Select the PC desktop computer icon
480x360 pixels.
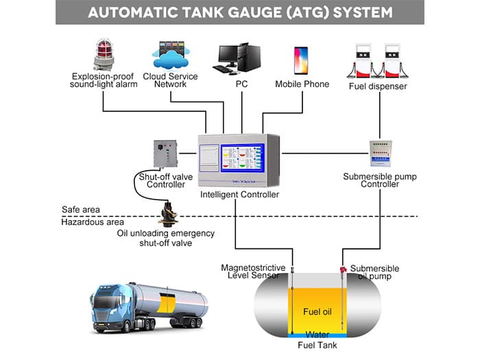click(x=240, y=58)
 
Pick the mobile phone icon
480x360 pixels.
click(x=301, y=60)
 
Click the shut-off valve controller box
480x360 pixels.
click(x=165, y=154)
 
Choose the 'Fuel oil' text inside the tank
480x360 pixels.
click(x=318, y=312)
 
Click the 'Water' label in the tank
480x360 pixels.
click(x=318, y=335)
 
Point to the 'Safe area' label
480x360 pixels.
click(x=81, y=209)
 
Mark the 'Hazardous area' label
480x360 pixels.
click(x=93, y=222)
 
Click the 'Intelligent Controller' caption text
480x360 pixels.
click(x=239, y=195)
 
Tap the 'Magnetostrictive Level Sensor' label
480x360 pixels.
click(x=250, y=272)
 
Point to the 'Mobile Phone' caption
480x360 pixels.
click(x=302, y=84)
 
